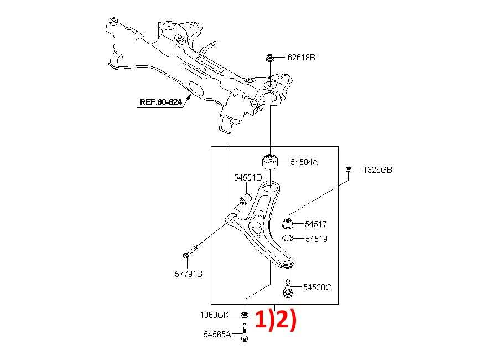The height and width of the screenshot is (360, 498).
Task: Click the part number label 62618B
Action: point(301,58)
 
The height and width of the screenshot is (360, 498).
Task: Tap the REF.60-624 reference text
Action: point(160,102)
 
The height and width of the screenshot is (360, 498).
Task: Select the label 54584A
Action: point(304,162)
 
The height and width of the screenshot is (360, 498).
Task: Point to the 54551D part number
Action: point(248,178)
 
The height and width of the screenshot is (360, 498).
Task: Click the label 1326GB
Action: point(377,170)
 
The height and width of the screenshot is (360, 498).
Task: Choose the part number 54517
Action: point(316,224)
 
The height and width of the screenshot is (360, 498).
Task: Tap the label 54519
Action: point(317,239)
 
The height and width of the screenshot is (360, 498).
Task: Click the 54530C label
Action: point(317,287)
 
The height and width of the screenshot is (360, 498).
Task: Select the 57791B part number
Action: point(189,274)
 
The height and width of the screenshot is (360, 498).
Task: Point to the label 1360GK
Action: point(214,315)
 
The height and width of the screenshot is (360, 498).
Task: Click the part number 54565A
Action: point(217,335)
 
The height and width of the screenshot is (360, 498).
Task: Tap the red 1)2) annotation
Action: point(276,320)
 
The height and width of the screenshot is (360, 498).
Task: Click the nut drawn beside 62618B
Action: point(269,58)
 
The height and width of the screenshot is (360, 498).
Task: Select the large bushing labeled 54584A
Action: point(270,162)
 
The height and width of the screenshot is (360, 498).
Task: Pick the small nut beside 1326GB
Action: point(349,169)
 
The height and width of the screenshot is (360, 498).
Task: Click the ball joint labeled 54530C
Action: point(288,289)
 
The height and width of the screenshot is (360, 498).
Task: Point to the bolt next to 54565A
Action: point(244,333)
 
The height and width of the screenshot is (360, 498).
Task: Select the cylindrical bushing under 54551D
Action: point(245,199)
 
